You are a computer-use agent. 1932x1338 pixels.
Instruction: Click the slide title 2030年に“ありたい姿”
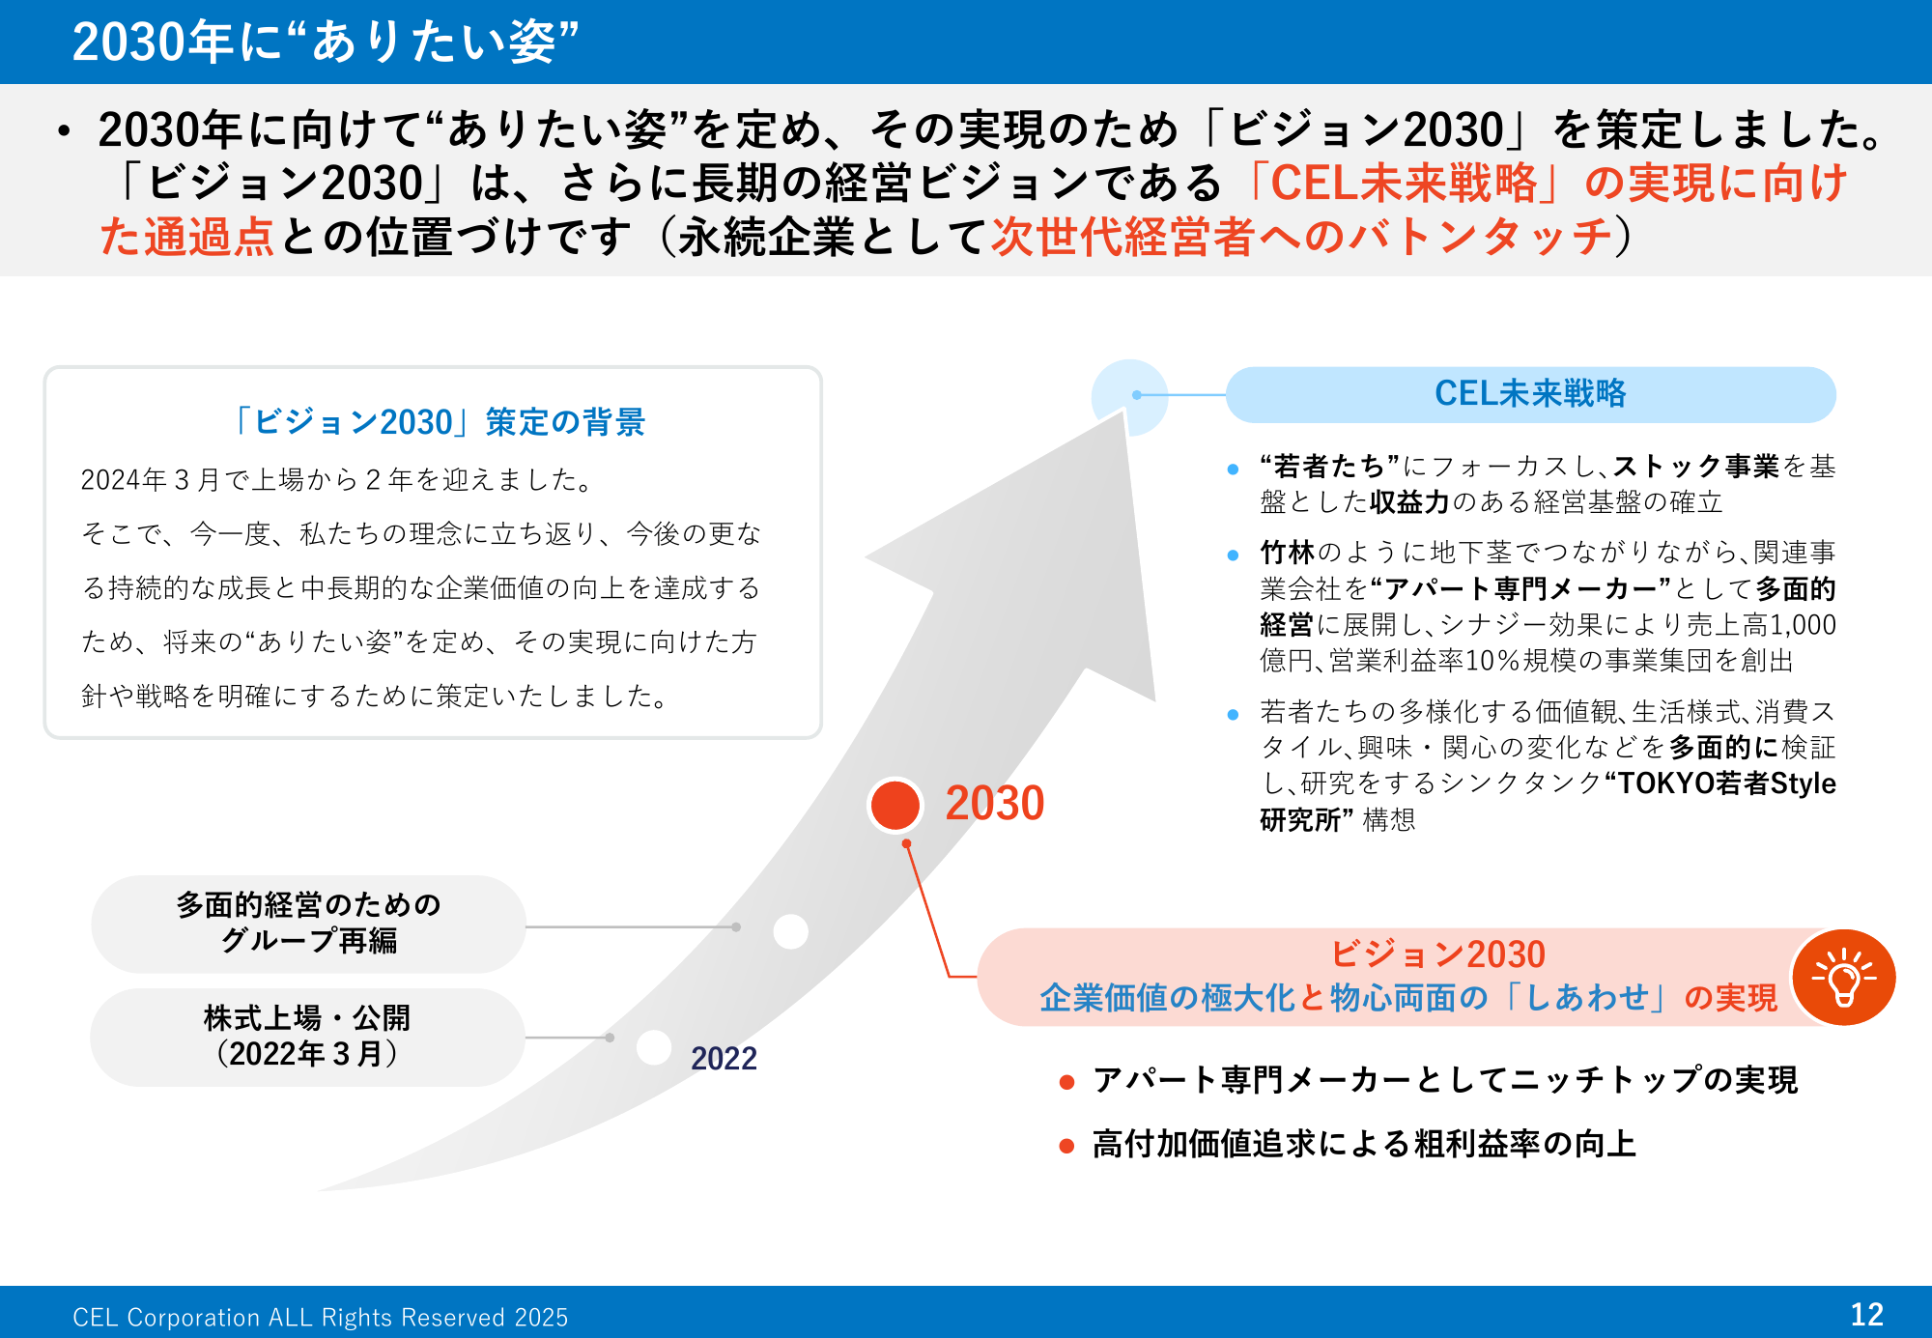click(326, 42)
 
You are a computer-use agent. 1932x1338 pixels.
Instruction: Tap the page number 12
click(1866, 1314)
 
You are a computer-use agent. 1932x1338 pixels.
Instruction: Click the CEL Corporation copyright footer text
click(321, 1317)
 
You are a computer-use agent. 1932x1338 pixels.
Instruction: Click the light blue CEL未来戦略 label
click(1530, 394)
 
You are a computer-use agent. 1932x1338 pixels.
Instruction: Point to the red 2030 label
click(995, 803)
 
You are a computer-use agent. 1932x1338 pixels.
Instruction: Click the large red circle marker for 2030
click(895, 805)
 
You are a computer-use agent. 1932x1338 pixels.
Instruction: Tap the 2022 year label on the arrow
click(724, 1058)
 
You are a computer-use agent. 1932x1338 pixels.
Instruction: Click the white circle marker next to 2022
click(654, 1047)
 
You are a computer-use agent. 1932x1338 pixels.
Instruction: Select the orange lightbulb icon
click(1843, 978)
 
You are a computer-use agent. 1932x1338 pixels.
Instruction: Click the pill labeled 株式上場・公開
click(307, 1037)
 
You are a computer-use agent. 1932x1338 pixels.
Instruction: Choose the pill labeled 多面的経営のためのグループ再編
click(308, 924)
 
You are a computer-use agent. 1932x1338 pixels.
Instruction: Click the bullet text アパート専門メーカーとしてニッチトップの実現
click(1445, 1080)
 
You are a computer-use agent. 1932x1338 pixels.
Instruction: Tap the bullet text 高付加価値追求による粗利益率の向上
click(1364, 1144)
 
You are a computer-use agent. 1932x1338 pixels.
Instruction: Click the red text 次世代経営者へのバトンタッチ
click(1302, 237)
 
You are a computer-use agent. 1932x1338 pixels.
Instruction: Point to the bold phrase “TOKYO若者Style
click(1719, 783)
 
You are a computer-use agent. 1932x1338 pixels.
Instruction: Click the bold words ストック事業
click(1695, 466)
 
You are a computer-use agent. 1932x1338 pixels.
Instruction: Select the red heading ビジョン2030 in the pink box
click(1437, 954)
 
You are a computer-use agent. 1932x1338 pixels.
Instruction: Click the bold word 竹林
click(1288, 553)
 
